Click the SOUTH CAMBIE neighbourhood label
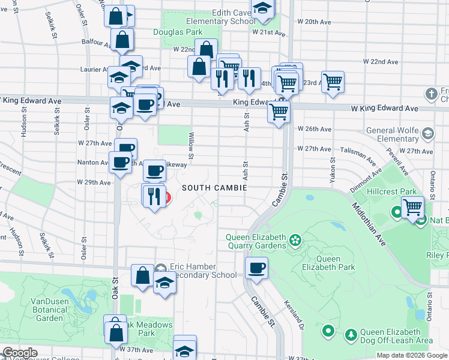pyautogui.click(x=214, y=188)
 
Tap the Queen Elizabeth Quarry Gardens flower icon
pyautogui.click(x=295, y=241)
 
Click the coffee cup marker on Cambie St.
pyautogui.click(x=256, y=269)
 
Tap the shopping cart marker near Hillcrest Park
pyautogui.click(x=412, y=208)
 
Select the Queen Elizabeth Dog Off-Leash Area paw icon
pyautogui.click(x=350, y=334)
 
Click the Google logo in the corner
pyautogui.click(x=19, y=353)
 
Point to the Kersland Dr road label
pyautogui.click(x=295, y=315)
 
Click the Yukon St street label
pyautogui.click(x=332, y=173)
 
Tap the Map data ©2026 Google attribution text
pyautogui.click(x=412, y=355)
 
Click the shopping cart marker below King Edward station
pyautogui.click(x=279, y=112)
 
